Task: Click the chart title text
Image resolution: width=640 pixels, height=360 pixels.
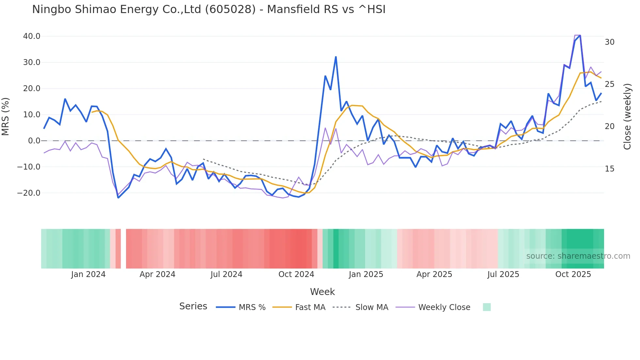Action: pos(209,9)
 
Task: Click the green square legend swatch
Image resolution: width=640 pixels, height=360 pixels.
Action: pos(487,307)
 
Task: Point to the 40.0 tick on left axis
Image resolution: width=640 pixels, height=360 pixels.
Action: pos(32,36)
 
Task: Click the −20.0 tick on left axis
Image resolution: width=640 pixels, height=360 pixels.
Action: pos(29,193)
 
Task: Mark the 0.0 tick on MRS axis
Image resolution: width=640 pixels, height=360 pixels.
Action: pos(34,141)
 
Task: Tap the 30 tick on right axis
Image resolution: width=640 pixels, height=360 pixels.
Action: pos(610,42)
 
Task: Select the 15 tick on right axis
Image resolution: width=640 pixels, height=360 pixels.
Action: pos(610,169)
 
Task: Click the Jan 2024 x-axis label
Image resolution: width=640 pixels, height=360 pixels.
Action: pos(88,274)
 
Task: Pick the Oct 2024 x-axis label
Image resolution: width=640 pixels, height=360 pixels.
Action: pos(296,274)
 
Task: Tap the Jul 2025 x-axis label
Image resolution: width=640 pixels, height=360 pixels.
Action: pos(503,274)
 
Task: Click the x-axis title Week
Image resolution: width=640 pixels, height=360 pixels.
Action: pos(322,292)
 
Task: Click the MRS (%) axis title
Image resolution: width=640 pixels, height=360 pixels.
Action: pos(6,116)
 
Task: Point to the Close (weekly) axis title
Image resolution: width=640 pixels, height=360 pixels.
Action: pos(627,116)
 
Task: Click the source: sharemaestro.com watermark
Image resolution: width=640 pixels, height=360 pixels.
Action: pos(578,256)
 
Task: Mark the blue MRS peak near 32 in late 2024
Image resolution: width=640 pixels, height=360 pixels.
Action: pos(336,57)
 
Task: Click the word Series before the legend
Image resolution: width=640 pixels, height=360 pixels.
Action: pos(193,306)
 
